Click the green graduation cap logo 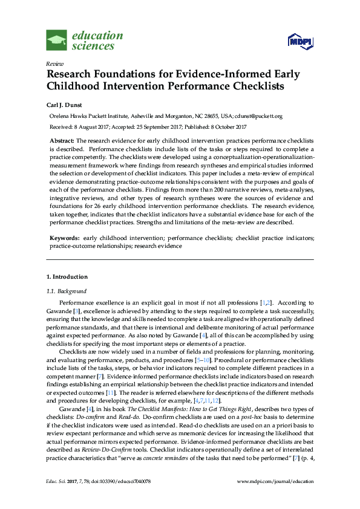point(57,40)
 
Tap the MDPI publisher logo point(301,41)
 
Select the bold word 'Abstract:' point(62,140)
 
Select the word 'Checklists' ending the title point(249,86)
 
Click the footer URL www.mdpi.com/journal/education point(275,481)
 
